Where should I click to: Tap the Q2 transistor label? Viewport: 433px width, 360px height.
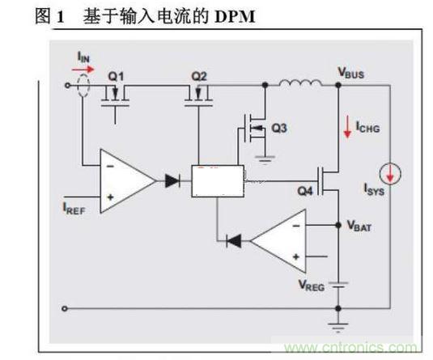tap(199, 75)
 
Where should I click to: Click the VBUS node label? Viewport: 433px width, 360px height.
tap(350, 73)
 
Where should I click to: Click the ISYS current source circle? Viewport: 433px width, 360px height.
tap(390, 172)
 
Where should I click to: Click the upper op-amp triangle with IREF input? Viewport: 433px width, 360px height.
tap(125, 181)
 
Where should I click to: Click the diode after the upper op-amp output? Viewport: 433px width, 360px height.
tap(172, 181)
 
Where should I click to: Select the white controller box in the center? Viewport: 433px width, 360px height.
tap(217, 181)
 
